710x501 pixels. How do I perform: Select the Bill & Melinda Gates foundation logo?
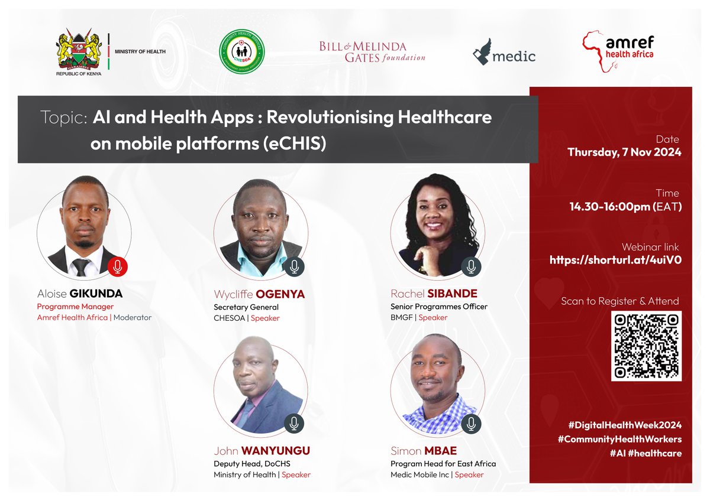click(372, 52)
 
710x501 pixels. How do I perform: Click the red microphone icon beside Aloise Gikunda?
click(118, 268)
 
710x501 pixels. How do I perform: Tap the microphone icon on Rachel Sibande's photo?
click(471, 266)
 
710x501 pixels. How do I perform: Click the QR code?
click(646, 346)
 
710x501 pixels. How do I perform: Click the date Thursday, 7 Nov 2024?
click(624, 152)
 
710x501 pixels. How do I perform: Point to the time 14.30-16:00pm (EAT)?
click(625, 207)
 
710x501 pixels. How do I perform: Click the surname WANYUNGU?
click(276, 451)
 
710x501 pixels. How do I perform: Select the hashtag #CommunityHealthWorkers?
click(620, 439)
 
